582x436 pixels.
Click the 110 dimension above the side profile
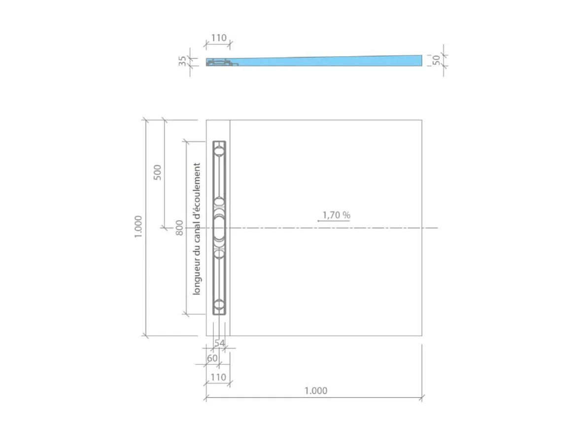point(218,38)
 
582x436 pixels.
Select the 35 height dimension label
point(183,61)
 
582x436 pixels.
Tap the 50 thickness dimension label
point(436,60)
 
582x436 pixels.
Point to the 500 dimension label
point(158,171)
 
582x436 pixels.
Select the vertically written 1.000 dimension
point(138,227)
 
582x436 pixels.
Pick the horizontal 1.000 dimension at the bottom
point(315,391)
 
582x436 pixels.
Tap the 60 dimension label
point(212,359)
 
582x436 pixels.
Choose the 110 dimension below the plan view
point(218,377)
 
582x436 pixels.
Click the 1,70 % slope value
point(336,215)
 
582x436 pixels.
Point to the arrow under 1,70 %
point(333,221)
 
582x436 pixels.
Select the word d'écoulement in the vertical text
point(197,188)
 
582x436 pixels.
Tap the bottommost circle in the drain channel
point(219,305)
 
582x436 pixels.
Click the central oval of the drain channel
point(219,228)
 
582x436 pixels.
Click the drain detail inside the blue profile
point(220,63)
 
